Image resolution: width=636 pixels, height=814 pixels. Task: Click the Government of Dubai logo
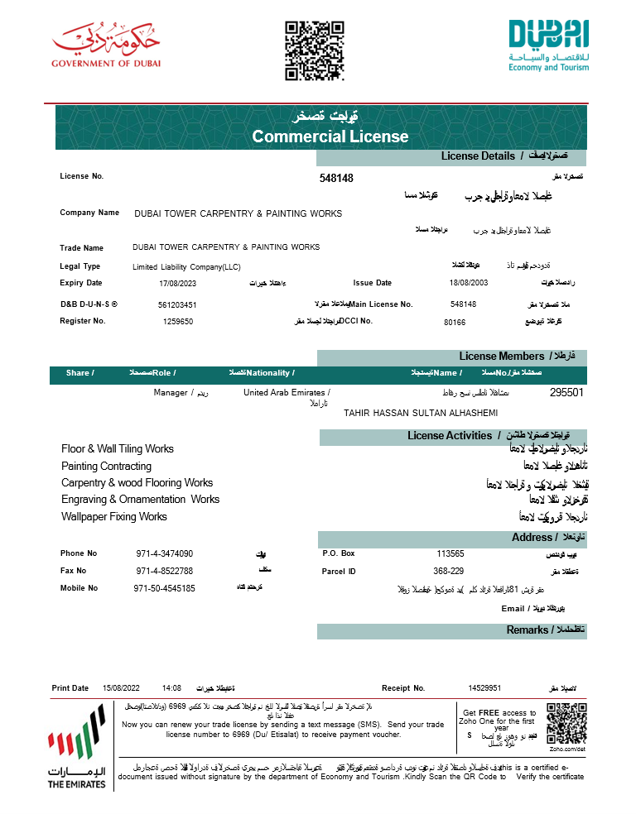(x=106, y=46)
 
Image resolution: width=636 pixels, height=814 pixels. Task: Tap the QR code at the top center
(x=314, y=51)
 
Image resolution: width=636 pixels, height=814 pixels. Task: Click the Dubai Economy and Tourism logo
(x=548, y=45)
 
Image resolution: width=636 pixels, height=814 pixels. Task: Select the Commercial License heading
(x=330, y=136)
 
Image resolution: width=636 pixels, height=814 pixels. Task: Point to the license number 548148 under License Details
(x=336, y=178)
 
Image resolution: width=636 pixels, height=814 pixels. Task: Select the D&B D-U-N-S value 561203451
(x=177, y=304)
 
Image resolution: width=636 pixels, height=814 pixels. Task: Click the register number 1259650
(x=178, y=321)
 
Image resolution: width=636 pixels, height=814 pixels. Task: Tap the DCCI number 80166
(x=455, y=322)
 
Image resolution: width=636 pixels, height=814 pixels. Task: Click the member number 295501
(x=566, y=393)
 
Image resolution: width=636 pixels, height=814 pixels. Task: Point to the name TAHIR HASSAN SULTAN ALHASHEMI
(x=421, y=412)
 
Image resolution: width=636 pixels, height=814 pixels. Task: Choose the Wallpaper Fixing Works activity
(x=113, y=516)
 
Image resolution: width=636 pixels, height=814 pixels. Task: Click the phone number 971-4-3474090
(x=164, y=553)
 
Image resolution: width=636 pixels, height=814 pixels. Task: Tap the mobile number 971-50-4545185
(x=164, y=588)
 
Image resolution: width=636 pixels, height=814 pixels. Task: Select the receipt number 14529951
(x=484, y=687)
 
